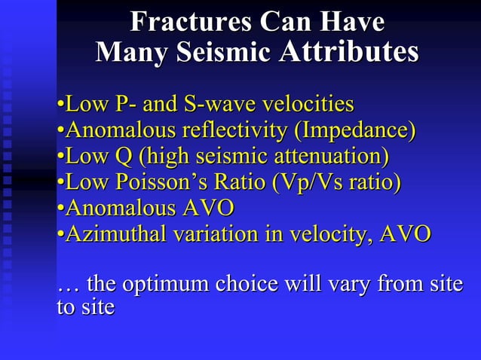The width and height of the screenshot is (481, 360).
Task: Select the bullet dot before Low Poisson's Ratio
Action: tap(60, 184)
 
